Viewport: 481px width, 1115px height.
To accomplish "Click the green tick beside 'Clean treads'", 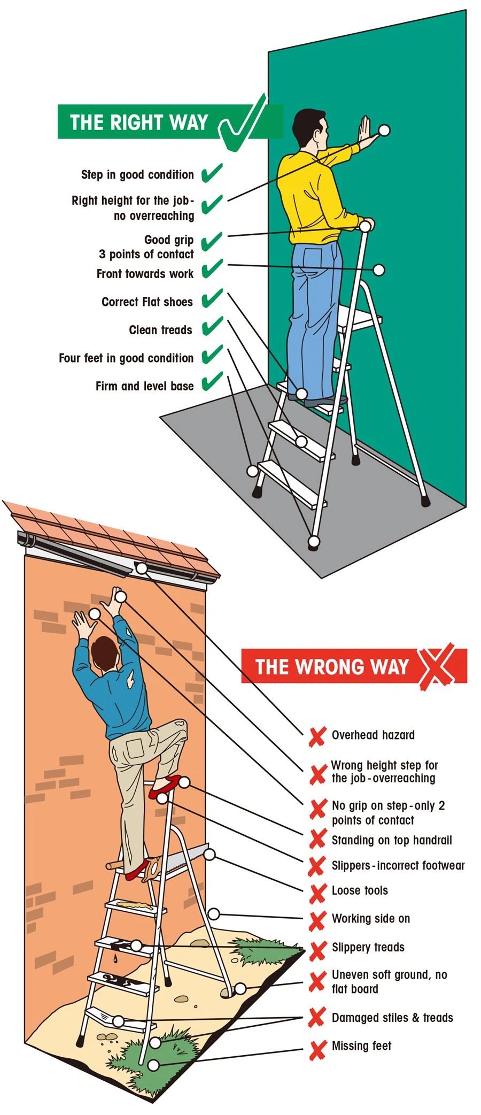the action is click(212, 326).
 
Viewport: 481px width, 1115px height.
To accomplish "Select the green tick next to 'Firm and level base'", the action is click(212, 382).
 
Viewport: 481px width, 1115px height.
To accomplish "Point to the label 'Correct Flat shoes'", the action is click(147, 302).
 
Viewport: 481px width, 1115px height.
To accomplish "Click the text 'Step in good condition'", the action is click(137, 175).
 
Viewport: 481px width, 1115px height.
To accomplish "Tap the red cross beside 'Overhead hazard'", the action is click(317, 736).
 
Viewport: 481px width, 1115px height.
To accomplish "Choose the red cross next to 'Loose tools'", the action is click(317, 892).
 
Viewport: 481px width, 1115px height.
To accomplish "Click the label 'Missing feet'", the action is click(361, 1045).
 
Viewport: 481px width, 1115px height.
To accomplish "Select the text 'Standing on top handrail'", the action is click(392, 840).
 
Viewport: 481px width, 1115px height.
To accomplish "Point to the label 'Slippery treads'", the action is click(368, 947).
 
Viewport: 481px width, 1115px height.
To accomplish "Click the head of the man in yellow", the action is click(309, 129).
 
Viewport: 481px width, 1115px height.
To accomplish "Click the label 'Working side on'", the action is click(371, 919).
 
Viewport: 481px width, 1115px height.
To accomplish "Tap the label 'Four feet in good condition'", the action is click(126, 358).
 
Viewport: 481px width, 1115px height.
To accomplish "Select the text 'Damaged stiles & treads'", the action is click(392, 1018).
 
